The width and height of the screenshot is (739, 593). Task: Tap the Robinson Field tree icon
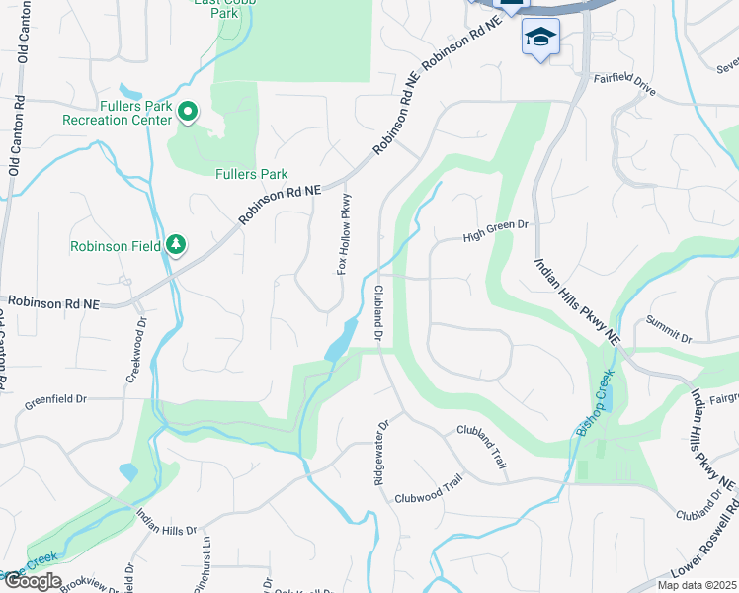pyautogui.click(x=176, y=244)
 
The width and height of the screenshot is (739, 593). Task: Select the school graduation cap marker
pyautogui.click(x=540, y=38)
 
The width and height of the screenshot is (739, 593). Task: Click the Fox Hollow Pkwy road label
pyautogui.click(x=344, y=234)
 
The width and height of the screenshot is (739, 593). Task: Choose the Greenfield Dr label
pyautogui.click(x=55, y=400)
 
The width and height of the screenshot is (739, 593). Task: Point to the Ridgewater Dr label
pyautogui.click(x=379, y=445)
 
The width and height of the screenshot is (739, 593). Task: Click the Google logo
pyautogui.click(x=33, y=581)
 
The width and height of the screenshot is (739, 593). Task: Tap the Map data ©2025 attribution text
pyautogui.click(x=696, y=585)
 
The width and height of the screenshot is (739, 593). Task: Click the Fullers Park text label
pyautogui.click(x=251, y=174)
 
